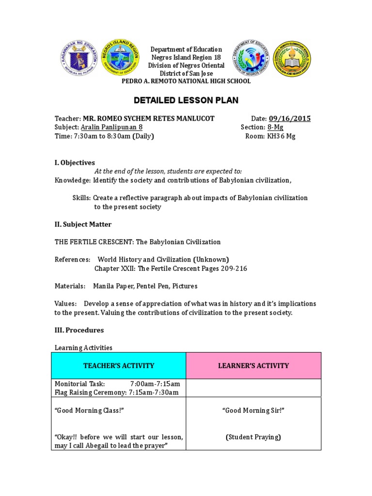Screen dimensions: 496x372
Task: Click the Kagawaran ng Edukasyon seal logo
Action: [x=79, y=60]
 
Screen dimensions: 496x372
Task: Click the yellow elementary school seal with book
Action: [x=292, y=59]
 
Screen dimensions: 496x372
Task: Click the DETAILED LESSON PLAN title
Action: [x=186, y=100]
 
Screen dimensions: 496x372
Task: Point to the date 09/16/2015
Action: [x=290, y=119]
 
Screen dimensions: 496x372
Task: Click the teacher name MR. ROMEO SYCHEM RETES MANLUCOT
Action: [x=149, y=119]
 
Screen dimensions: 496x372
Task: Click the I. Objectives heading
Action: [x=75, y=162]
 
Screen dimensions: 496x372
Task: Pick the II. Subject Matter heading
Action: [x=83, y=224]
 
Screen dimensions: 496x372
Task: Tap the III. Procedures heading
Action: [x=79, y=330]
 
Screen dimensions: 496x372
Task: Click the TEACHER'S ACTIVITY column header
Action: [x=119, y=366]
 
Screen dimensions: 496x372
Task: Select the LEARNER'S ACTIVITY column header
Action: [x=254, y=366]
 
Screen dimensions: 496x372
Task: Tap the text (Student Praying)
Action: [x=253, y=437]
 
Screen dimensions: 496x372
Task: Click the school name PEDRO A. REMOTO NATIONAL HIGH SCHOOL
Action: [x=186, y=81]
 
